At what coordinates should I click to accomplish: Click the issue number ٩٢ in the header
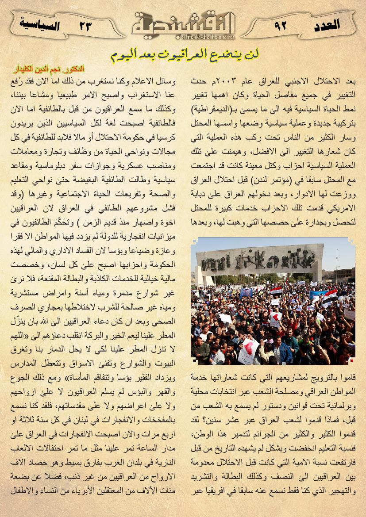[281, 25]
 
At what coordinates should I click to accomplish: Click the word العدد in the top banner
[326, 24]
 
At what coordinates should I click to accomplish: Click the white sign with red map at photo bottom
[248, 349]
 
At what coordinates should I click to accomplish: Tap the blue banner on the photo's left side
[246, 293]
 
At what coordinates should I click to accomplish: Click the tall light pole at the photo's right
[336, 265]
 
